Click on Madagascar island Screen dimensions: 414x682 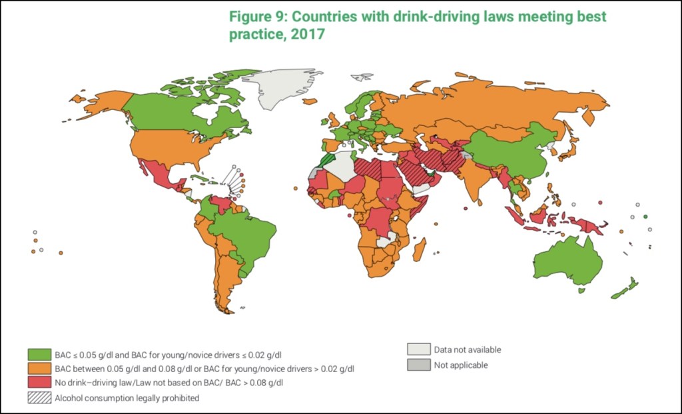(x=420, y=250)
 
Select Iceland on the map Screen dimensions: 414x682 (x=309, y=101)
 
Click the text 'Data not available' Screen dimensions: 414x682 (x=467, y=349)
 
